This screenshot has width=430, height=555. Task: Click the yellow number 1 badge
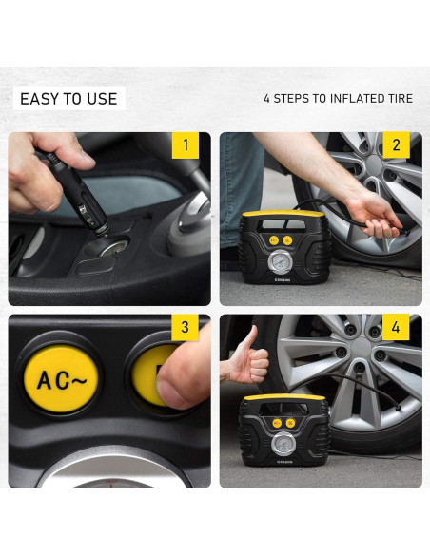186,145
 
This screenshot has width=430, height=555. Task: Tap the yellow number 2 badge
397,145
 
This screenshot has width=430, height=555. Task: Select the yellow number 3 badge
185,327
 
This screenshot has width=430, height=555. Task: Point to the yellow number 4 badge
396,327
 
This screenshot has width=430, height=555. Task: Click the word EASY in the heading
40,99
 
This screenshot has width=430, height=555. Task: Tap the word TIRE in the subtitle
400,99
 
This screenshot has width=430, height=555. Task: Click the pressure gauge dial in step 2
281,262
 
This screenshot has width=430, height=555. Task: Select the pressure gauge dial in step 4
283,444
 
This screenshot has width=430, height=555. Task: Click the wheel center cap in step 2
375,164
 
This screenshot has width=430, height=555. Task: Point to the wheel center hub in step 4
362,347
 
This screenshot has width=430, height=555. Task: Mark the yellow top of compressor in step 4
284,397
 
